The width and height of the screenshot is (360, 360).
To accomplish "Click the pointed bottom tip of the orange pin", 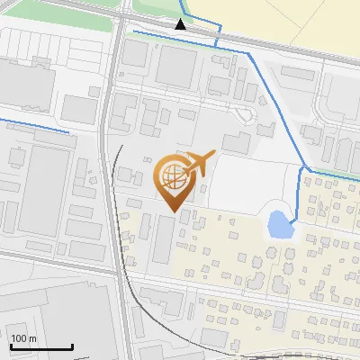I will coord(171,211).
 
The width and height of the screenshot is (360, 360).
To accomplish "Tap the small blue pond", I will coord(280,223).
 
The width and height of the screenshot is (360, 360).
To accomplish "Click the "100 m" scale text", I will coord(23,338).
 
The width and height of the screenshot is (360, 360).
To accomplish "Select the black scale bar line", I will coord(41,347).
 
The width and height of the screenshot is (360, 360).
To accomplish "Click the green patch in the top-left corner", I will coord(54,7).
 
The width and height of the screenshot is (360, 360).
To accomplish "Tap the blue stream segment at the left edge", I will coord(36,125).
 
